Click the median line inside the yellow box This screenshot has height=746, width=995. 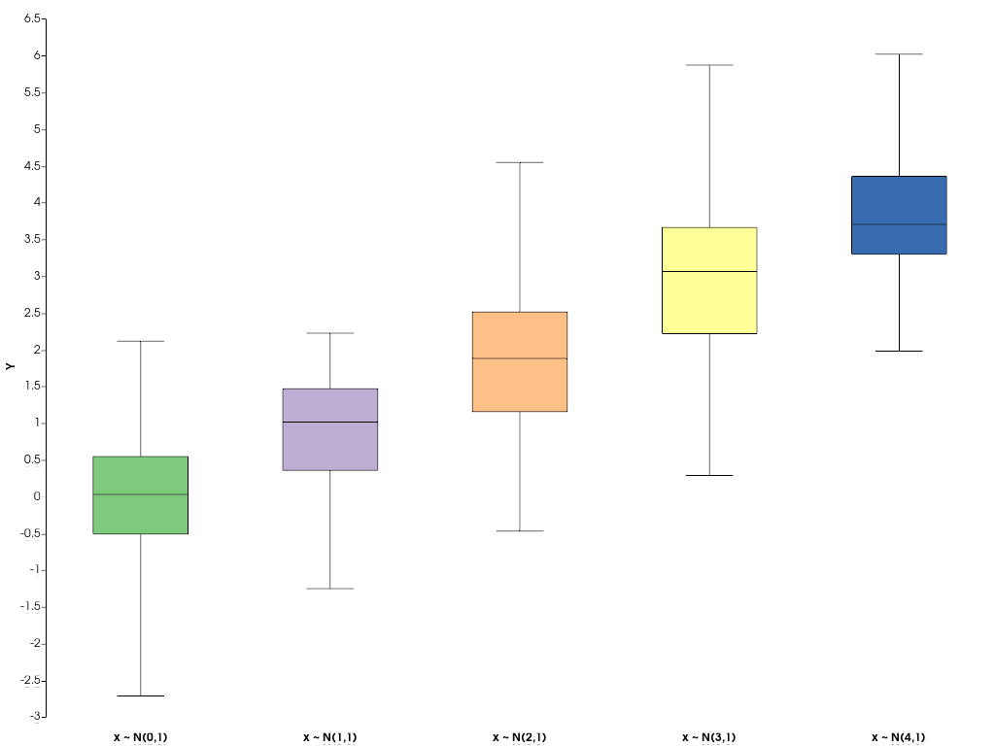(x=709, y=271)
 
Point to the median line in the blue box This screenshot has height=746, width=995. (x=899, y=224)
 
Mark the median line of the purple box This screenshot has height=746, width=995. (x=330, y=422)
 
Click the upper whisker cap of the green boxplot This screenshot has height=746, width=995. (x=141, y=341)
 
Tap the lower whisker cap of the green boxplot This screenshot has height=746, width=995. (x=141, y=695)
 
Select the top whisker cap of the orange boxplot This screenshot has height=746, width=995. (x=520, y=162)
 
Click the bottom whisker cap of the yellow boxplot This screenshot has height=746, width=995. (x=709, y=475)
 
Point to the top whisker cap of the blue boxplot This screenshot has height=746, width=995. (x=899, y=54)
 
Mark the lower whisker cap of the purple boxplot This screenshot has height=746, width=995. (x=330, y=589)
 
